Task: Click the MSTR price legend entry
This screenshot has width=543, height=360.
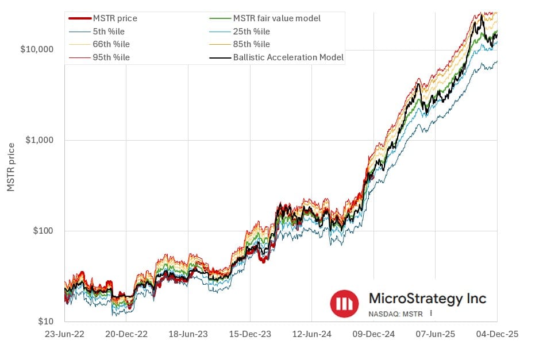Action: pyautogui.click(x=115, y=18)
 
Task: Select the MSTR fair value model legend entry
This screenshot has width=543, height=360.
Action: pyautogui.click(x=276, y=18)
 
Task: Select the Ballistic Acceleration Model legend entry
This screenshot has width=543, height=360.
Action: pyautogui.click(x=288, y=57)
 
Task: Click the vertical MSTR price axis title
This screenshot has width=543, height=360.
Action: pyautogui.click(x=11, y=167)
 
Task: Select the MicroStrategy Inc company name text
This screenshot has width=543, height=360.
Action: pyautogui.click(x=427, y=299)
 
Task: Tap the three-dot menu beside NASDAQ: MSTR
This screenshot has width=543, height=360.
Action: pyautogui.click(x=430, y=314)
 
